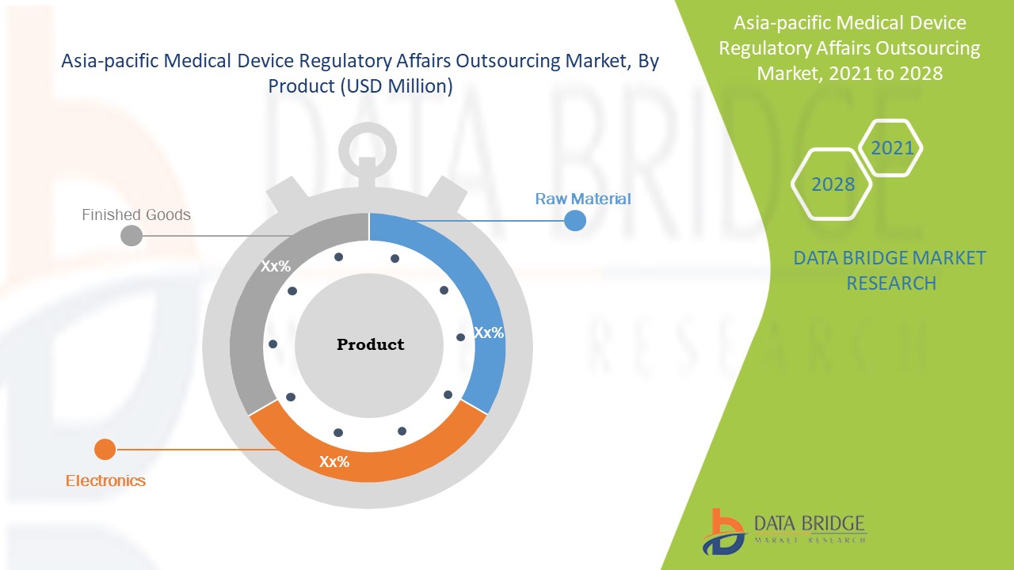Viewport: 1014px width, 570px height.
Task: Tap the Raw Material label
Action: pos(583,199)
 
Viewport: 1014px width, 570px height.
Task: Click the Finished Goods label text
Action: pos(136,215)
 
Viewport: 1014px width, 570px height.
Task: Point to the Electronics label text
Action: pos(105,481)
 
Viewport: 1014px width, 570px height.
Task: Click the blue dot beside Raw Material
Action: pos(575,221)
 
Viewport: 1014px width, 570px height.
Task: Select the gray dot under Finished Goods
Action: pos(132,235)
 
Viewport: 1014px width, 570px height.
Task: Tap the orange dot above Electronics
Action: pos(105,450)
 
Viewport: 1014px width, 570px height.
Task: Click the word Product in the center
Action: pos(370,344)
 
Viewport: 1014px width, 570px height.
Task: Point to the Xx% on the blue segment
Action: pos(489,333)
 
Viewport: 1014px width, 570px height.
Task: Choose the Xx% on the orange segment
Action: pos(334,462)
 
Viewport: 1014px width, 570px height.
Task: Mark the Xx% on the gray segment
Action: pos(276,267)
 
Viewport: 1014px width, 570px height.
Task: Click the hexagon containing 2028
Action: pos(832,184)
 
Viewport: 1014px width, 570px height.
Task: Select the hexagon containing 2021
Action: pos(892,148)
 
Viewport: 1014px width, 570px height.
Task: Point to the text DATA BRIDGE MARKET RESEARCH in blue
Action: pos(890,270)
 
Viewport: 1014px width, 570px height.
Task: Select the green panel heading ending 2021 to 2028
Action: pos(848,48)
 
